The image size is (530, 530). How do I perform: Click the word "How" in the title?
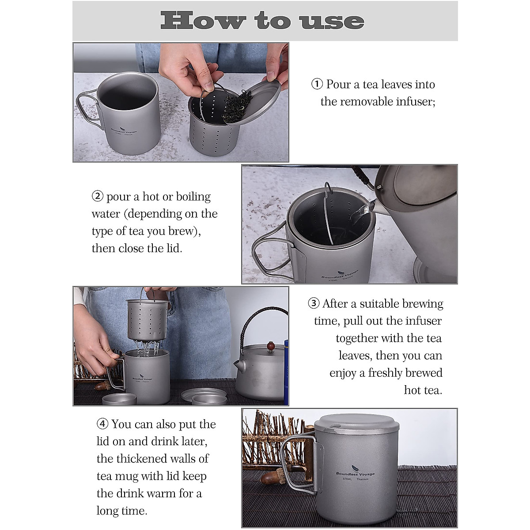click(x=203, y=21)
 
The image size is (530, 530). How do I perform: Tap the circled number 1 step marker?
click(x=317, y=84)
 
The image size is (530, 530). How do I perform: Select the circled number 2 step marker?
click(x=97, y=197)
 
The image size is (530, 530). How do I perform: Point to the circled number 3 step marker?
click(x=314, y=303)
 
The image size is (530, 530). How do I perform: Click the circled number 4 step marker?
click(x=102, y=424)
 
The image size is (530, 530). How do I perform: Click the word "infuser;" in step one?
click(x=416, y=102)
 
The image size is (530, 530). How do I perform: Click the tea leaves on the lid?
click(x=237, y=106)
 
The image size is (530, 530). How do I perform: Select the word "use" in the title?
click(x=333, y=22)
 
